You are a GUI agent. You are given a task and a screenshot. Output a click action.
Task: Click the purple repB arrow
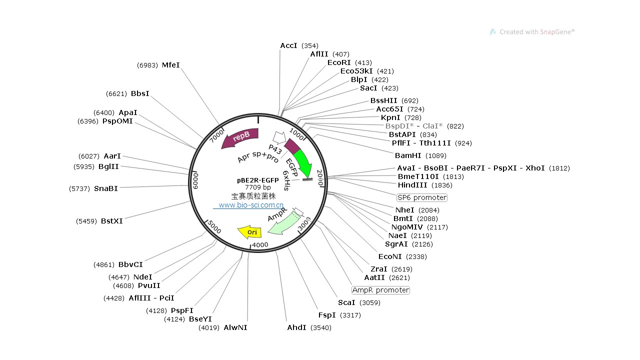coord(240,137)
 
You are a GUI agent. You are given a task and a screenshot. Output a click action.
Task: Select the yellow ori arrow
coord(250,232)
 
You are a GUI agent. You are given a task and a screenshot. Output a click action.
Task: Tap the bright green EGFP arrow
coord(302,162)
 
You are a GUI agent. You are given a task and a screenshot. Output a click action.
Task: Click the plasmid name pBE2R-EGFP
coord(258,180)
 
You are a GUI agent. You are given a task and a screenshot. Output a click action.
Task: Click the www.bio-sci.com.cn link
coord(251,205)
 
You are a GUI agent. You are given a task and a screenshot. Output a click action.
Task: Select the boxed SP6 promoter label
coord(422,197)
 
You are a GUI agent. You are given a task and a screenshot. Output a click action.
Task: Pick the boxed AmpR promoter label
coord(380,290)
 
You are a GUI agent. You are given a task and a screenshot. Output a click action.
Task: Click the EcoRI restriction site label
coord(339,62)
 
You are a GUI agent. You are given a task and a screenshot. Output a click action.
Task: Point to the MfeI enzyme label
coord(170,65)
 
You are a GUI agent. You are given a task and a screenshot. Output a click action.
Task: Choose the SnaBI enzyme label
coord(106,188)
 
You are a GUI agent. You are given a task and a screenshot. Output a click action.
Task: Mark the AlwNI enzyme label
coord(235,327)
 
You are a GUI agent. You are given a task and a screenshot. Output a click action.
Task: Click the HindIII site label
coord(411,185)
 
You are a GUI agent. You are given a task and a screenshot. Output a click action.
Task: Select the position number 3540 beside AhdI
coord(320,327)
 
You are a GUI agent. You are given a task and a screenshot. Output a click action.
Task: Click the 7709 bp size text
coord(258,187)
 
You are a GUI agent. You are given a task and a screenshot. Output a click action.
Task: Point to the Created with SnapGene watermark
coord(532,32)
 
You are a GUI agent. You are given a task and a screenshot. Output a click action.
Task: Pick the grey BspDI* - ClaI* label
coord(414,126)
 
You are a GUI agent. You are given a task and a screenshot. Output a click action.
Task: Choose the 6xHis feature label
coord(286,180)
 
